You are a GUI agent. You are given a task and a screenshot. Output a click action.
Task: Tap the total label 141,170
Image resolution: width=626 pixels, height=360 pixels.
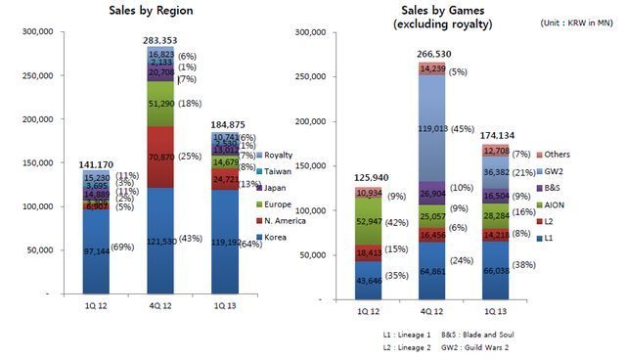pyautogui.click(x=95, y=164)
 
